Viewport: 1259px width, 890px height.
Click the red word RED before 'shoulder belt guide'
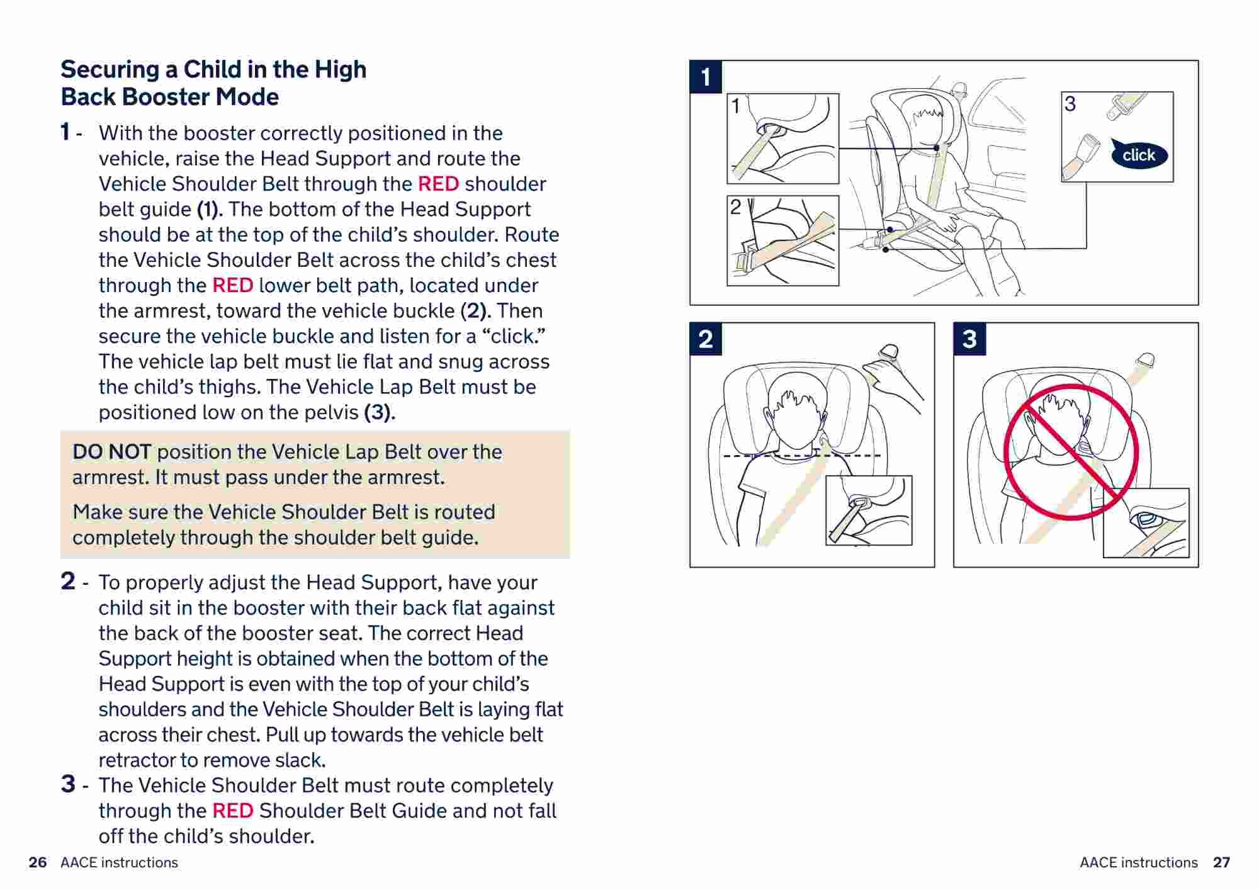(x=438, y=184)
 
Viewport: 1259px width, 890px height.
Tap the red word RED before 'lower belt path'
(x=232, y=285)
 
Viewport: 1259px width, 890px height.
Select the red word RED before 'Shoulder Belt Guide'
(x=232, y=811)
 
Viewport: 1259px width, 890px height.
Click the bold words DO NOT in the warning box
(x=111, y=452)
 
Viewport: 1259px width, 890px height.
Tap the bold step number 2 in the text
(x=68, y=581)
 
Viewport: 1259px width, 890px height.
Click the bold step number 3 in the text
(x=68, y=784)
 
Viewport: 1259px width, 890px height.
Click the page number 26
(x=38, y=862)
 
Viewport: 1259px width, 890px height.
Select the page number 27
(x=1221, y=862)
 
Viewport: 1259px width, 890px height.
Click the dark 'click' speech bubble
(x=1138, y=154)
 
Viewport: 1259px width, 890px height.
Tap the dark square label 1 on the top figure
(x=706, y=77)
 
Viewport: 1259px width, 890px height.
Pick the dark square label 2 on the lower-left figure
(x=706, y=339)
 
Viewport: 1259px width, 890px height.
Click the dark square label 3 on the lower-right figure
(x=969, y=339)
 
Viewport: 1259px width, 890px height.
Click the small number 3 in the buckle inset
(x=1070, y=104)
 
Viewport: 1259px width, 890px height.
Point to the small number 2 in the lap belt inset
(x=735, y=207)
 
